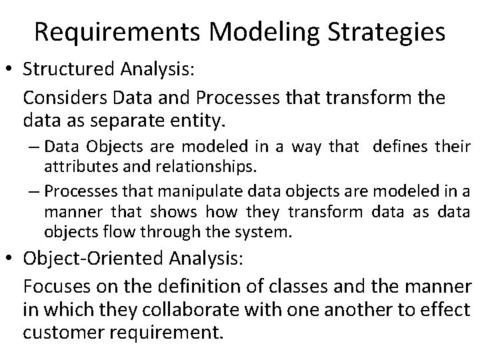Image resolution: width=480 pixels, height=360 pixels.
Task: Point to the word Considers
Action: (x=62, y=97)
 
